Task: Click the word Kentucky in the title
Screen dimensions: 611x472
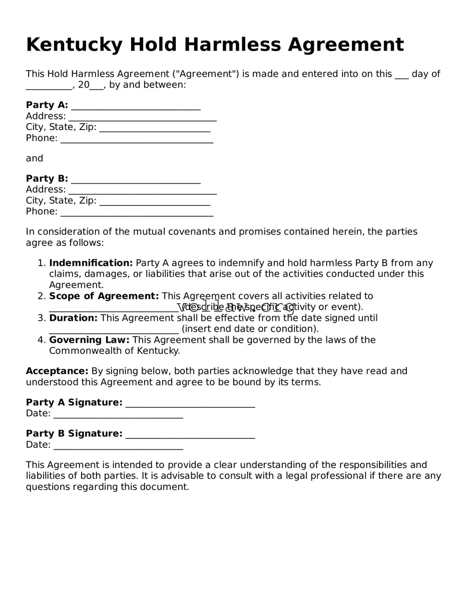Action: point(74,45)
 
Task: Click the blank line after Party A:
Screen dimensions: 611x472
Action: point(136,106)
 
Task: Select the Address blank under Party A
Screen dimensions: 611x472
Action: point(143,117)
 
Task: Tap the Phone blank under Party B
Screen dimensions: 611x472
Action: point(137,213)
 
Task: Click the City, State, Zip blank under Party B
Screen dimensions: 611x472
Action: point(155,202)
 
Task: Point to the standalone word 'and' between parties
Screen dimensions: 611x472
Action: point(35,159)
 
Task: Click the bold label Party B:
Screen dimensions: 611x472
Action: point(47,179)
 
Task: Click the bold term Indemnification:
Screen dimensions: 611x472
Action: point(91,263)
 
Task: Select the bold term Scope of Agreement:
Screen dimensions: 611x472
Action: point(104,296)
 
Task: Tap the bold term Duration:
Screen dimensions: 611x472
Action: point(73,318)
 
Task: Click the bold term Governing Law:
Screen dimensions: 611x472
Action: point(89,340)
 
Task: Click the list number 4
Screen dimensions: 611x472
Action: point(42,340)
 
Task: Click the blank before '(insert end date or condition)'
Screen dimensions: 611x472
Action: point(114,330)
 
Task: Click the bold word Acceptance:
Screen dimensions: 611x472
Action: point(57,371)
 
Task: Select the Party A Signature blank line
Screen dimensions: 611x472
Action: point(190,404)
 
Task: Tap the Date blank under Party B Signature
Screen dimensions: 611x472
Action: point(118,446)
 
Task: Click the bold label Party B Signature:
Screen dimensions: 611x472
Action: point(74,434)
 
